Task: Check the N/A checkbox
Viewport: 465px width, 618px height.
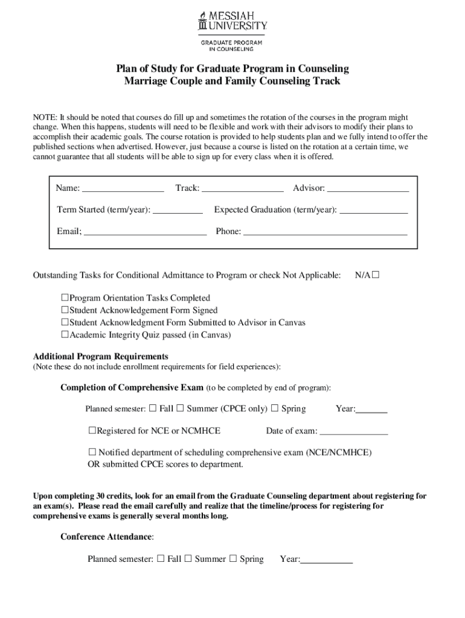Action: [x=376, y=275]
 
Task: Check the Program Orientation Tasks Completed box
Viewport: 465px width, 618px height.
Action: [x=65, y=298]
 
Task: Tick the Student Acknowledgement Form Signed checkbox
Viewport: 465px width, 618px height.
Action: [x=65, y=310]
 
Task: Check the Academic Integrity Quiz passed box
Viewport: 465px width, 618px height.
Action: [x=65, y=334]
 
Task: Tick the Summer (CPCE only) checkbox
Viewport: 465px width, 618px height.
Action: [x=181, y=409]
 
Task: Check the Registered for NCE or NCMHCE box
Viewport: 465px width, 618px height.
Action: [x=92, y=430]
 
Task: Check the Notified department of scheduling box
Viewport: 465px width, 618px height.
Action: [x=92, y=452]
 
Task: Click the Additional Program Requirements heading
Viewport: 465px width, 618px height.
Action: [x=100, y=356]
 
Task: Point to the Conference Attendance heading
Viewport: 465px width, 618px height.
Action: [x=107, y=537]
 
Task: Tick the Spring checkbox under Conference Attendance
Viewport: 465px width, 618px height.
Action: [x=233, y=559]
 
